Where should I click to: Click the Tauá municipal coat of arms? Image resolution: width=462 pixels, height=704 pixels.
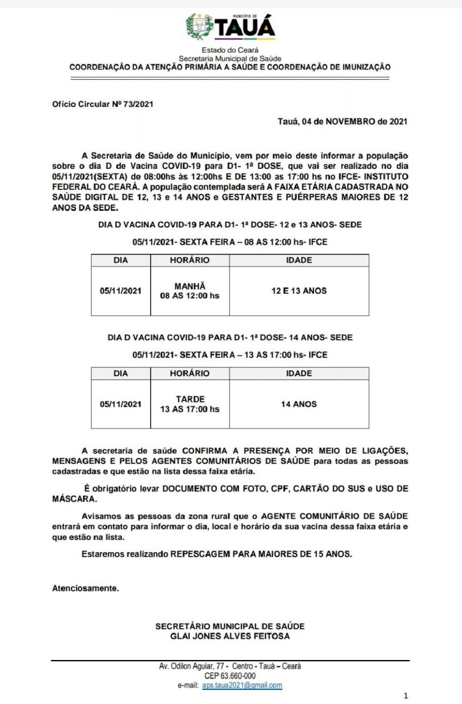pyautogui.click(x=199, y=26)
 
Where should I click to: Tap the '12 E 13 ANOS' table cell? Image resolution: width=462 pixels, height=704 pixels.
pyautogui.click(x=299, y=291)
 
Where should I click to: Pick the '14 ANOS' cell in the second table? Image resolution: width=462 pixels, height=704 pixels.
pyautogui.click(x=299, y=404)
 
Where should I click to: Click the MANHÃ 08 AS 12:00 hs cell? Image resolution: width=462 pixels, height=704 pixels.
pyautogui.click(x=190, y=291)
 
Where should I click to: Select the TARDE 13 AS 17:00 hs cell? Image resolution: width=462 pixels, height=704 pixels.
pyautogui.click(x=190, y=404)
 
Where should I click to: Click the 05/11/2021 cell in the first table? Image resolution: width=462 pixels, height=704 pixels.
pyautogui.click(x=120, y=291)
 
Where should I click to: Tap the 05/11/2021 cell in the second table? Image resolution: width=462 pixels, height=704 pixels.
pyautogui.click(x=120, y=404)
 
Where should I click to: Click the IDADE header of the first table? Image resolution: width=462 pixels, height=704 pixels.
pyautogui.click(x=299, y=260)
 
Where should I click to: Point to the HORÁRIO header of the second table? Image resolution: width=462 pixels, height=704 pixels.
pyautogui.click(x=190, y=374)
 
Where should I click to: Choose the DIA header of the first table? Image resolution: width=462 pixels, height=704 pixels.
pyautogui.click(x=120, y=260)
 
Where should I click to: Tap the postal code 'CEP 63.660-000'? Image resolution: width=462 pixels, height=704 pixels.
pyautogui.click(x=230, y=676)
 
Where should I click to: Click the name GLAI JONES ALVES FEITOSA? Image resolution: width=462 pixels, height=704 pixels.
pyautogui.click(x=230, y=636)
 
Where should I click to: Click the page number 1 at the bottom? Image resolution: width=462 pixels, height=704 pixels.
pyautogui.click(x=406, y=696)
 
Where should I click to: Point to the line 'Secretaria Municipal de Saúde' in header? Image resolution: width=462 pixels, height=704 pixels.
pyautogui.click(x=230, y=59)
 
